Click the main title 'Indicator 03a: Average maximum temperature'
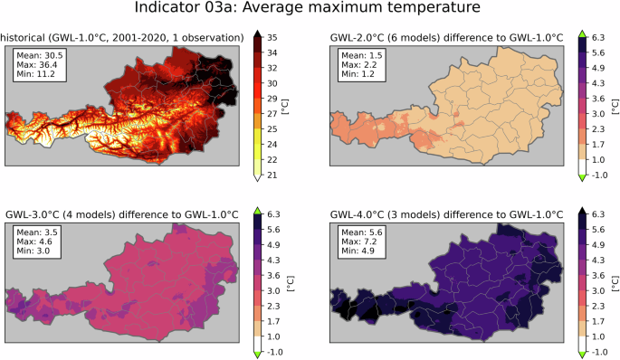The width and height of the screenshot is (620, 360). [310, 9]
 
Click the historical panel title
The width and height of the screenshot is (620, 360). [121, 36]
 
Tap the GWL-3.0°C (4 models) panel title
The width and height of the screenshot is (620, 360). [122, 213]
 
